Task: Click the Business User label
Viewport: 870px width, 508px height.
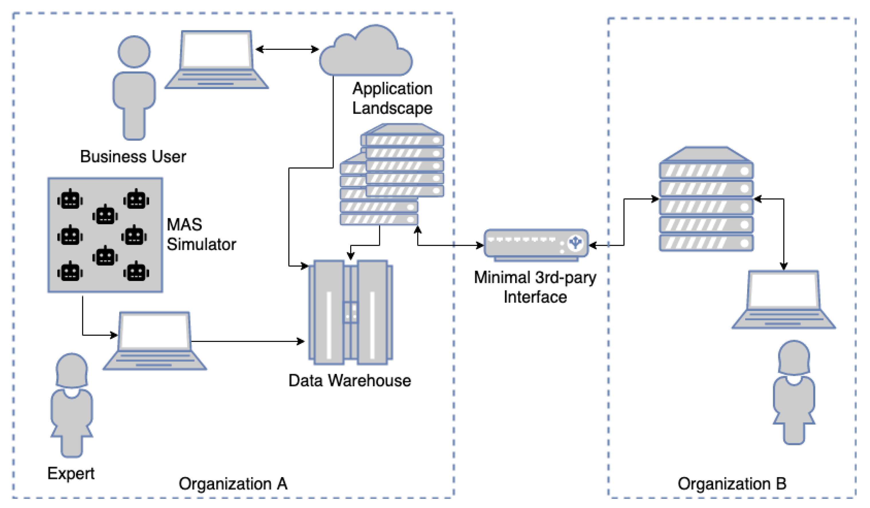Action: [x=133, y=157]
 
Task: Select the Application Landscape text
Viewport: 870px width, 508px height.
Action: [x=392, y=99]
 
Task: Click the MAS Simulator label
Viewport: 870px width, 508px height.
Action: [x=201, y=234]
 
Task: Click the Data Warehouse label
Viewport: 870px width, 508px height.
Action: [x=350, y=380]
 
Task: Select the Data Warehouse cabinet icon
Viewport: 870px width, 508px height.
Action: [x=351, y=312]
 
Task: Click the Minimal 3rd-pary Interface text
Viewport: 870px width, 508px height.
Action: [x=535, y=287]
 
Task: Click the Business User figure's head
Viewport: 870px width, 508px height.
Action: [x=134, y=52]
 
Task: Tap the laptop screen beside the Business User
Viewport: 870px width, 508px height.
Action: [x=216, y=49]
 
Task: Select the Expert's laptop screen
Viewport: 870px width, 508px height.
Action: [x=154, y=331]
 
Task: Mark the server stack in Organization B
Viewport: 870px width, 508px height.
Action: [x=706, y=199]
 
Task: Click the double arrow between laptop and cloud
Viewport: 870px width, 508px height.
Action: [x=287, y=49]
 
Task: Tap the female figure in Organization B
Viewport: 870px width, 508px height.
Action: [x=794, y=392]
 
